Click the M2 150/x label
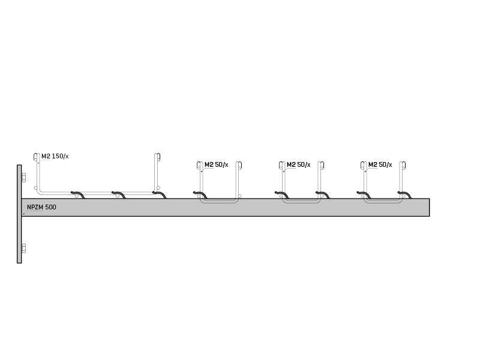(55, 156)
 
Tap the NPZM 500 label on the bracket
(41, 207)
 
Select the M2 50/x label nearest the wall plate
(217, 164)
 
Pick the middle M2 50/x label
(298, 164)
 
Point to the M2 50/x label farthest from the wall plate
(380, 164)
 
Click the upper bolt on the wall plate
(23, 177)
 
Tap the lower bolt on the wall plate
(23, 248)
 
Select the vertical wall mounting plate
(19, 214)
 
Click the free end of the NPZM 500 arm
(429, 207)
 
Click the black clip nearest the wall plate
(78, 194)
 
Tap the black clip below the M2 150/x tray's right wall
(160, 194)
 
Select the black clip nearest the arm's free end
(404, 194)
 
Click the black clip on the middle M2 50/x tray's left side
(282, 194)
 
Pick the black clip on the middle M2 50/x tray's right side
(323, 194)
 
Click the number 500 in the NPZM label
(51, 207)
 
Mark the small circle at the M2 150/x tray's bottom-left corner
(35, 188)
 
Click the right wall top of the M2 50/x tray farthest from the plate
(403, 166)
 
